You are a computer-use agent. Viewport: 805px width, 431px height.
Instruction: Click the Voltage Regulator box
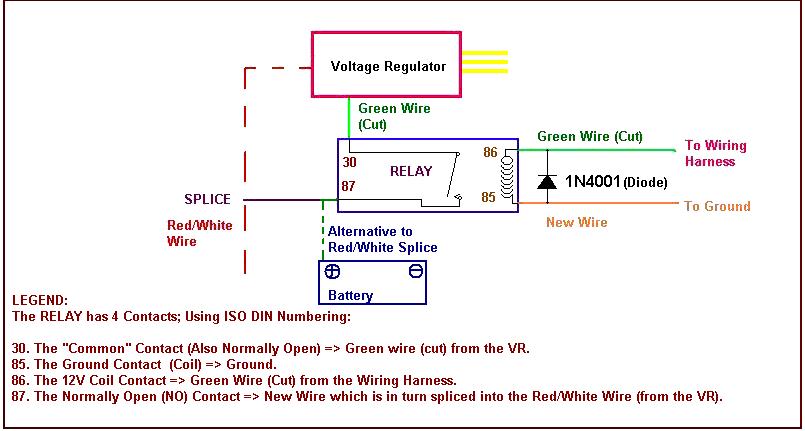(388, 65)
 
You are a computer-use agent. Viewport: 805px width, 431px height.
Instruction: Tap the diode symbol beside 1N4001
(547, 181)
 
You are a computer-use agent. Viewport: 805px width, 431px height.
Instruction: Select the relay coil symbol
(507, 178)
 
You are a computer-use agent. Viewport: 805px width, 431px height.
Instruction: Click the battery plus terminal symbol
(333, 271)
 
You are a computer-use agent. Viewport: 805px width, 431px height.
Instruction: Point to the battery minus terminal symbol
(415, 271)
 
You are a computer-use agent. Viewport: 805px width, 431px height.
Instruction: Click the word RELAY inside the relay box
(411, 171)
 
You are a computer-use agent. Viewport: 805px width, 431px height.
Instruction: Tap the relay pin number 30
(349, 161)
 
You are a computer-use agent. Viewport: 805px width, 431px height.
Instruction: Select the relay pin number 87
(349, 186)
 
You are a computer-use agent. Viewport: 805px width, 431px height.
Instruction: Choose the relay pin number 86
(489, 153)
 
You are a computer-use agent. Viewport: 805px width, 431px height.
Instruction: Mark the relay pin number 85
(489, 197)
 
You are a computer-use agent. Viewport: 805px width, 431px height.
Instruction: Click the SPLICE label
(207, 199)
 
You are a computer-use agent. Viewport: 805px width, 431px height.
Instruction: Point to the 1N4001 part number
(593, 182)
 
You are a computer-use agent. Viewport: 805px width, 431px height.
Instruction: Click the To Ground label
(717, 206)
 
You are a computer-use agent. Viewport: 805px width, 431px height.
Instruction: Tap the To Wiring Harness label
(715, 153)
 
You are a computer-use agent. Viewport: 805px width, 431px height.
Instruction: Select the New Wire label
(576, 222)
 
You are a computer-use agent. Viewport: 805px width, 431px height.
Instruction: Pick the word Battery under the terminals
(350, 295)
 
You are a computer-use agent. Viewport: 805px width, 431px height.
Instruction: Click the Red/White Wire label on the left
(200, 233)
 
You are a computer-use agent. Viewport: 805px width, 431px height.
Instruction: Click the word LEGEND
(40, 300)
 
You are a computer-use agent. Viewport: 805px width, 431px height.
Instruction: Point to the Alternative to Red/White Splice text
(382, 239)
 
